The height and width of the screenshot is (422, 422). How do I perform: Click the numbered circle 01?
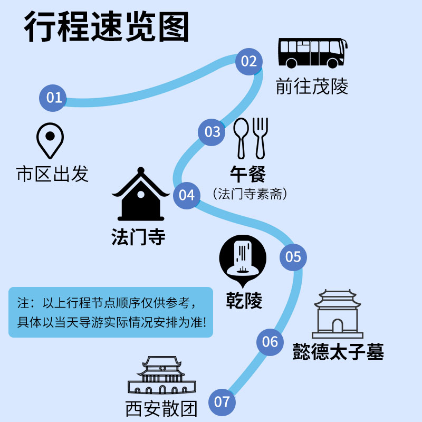click(54, 98)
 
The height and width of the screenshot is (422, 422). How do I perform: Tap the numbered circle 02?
click(248, 61)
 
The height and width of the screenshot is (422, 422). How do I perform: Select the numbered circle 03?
click(212, 131)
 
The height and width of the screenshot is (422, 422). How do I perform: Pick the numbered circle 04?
click(187, 195)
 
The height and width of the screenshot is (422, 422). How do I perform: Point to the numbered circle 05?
click(293, 257)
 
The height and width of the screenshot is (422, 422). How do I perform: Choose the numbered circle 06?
click(270, 341)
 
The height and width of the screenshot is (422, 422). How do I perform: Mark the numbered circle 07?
click(222, 402)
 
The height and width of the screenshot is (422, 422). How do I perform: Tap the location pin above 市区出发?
click(50, 140)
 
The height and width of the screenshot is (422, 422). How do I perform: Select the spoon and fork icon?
click(251, 138)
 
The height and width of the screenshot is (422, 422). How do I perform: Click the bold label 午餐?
click(248, 174)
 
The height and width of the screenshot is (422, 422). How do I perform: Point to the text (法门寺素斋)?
click(250, 194)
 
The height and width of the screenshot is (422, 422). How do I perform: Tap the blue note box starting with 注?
click(111, 312)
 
